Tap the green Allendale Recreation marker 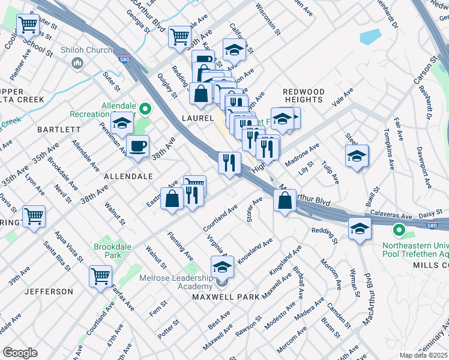point(145,109)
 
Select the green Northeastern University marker point(398,230)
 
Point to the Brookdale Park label point(112,251)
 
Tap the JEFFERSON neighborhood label point(49,292)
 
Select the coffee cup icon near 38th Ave point(138,146)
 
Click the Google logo point(20,353)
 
